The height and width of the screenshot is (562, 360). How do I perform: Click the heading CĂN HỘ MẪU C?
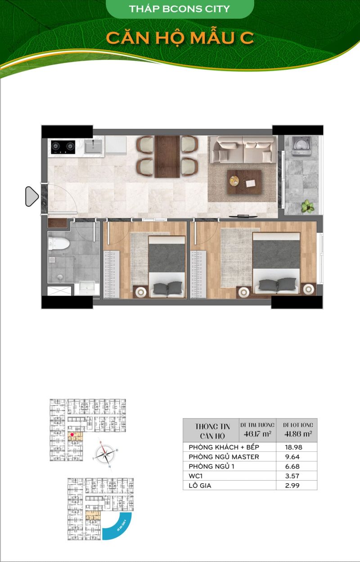180,38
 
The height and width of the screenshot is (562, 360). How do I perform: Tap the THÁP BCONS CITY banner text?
179,9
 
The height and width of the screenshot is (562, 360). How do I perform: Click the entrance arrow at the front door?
31,196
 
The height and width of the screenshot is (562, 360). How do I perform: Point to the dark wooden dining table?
167,156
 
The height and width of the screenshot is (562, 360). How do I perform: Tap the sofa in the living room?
243,150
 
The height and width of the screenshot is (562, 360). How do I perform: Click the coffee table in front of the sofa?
244,182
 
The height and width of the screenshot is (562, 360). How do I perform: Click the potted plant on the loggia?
308,206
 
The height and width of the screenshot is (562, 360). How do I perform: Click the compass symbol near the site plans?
106,455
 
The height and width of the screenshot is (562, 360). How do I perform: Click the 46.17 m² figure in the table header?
257,434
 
